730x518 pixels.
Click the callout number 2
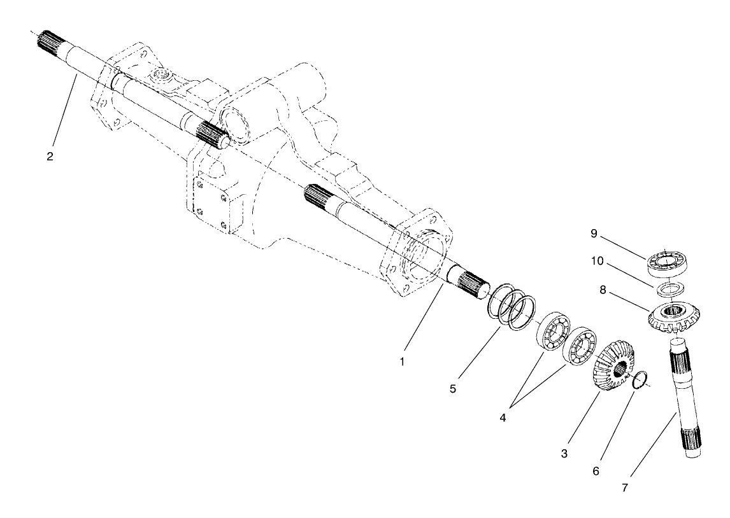click(50, 157)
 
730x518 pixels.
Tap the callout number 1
click(402, 361)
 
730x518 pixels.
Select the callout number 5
click(452, 388)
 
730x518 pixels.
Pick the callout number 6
click(596, 471)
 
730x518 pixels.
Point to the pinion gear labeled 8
click(674, 317)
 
